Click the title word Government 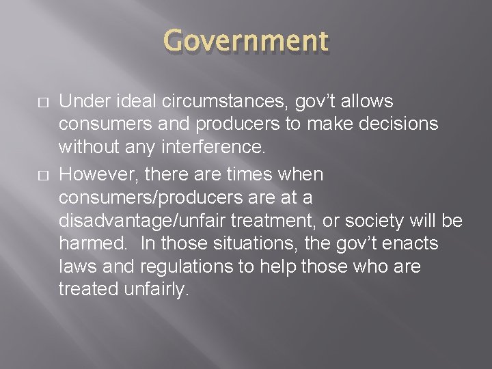[x=246, y=41]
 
